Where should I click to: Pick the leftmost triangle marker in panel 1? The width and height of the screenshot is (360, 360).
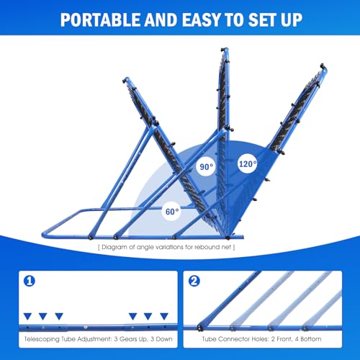tap(27, 316)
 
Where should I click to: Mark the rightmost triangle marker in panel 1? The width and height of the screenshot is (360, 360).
tap(164, 316)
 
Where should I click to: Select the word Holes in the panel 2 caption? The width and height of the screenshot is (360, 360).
tap(259, 338)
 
